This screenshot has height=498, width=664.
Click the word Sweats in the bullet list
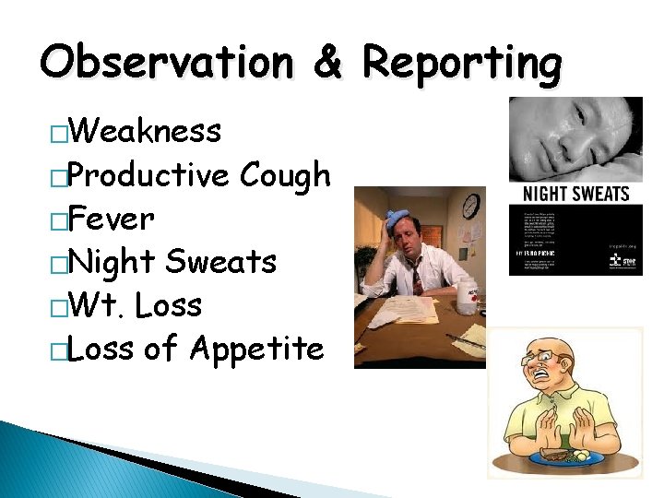tap(220, 262)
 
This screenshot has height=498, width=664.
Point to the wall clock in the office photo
tap(470, 206)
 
